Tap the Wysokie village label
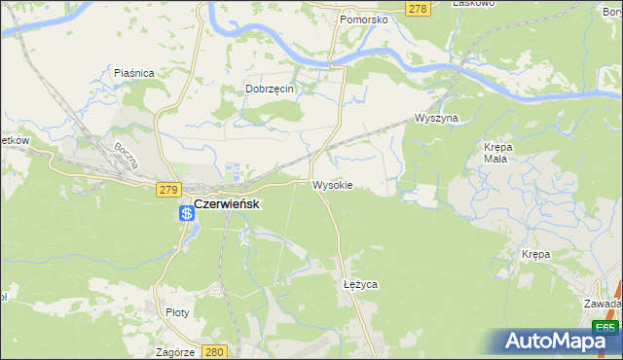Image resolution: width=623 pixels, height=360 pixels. [x=332, y=184]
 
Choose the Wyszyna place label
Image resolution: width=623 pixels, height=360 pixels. [x=435, y=118]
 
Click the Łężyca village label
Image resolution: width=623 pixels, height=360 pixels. [x=360, y=284]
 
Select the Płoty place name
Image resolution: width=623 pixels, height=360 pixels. [x=177, y=312]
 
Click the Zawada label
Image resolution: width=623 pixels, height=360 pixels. [x=604, y=303]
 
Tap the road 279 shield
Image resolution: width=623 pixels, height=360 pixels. [x=165, y=189]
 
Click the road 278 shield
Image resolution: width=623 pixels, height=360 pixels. [x=418, y=9]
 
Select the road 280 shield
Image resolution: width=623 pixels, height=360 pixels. [x=216, y=351]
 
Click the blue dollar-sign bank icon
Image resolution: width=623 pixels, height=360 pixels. [x=186, y=212]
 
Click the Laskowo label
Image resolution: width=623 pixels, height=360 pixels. [x=475, y=3]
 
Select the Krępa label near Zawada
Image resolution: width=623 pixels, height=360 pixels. [x=535, y=254]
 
